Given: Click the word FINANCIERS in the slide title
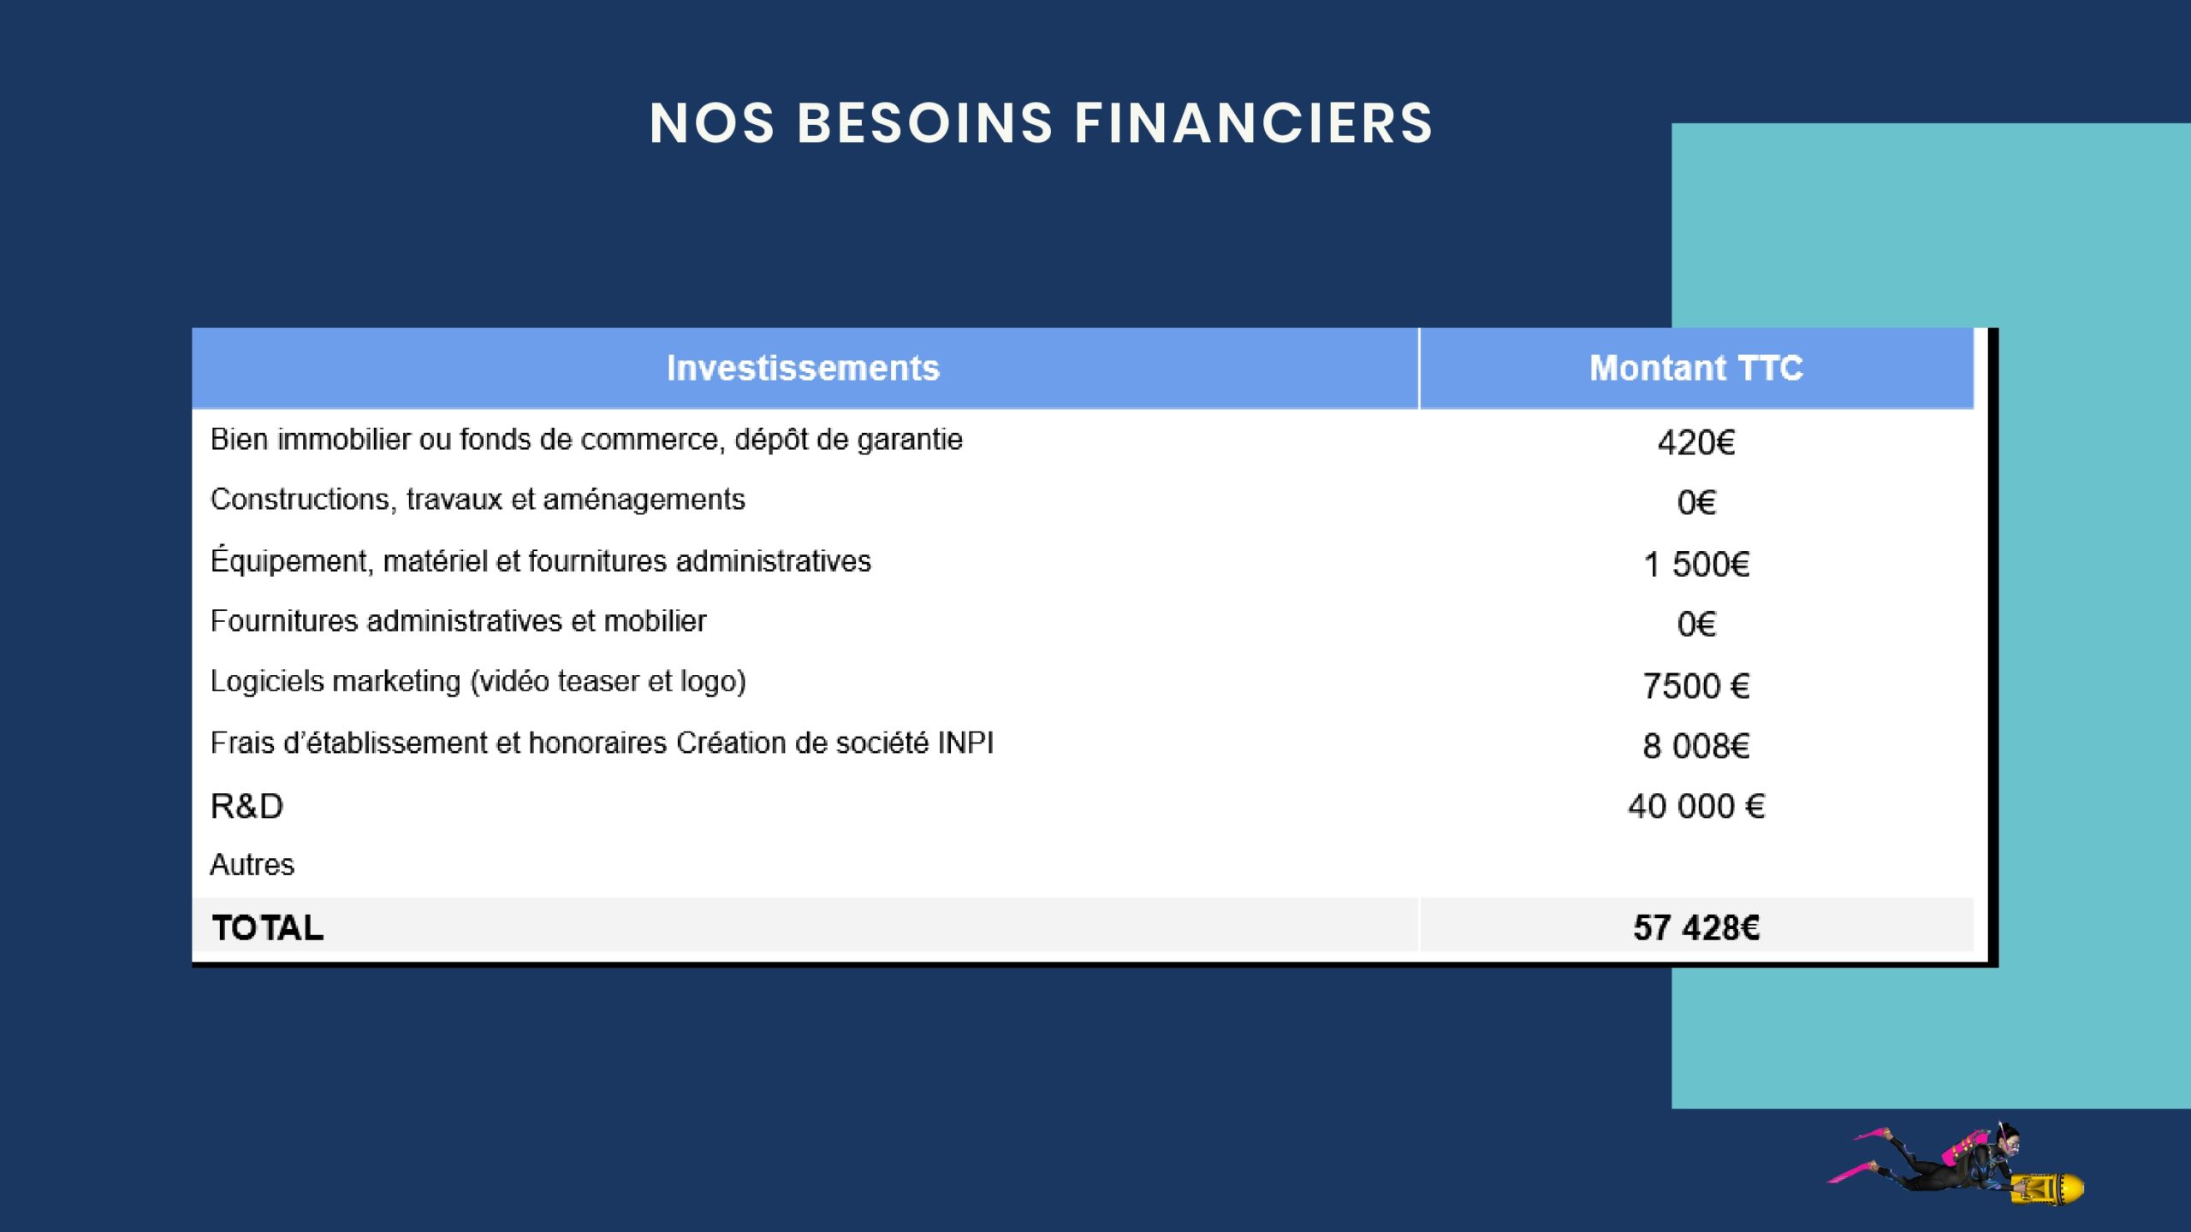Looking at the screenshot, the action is coord(1253,123).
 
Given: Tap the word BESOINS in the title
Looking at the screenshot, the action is coord(924,123).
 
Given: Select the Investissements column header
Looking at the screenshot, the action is coord(803,368).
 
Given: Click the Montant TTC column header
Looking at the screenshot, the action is coord(1696,368).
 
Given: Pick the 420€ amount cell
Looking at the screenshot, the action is coord(1696,442).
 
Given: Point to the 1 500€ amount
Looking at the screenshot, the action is coord(1696,564).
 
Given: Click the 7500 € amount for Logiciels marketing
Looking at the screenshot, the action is coord(1696,685).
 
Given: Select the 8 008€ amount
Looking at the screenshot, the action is coord(1696,746).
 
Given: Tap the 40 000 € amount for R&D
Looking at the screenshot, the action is coord(1696,806).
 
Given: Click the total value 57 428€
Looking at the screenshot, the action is coord(1696,927).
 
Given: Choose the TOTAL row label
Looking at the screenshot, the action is coord(268,927).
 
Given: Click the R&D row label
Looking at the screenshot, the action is coord(246,806).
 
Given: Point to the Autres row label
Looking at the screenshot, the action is coord(252,865).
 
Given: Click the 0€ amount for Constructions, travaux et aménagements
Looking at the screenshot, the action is coord(1696,502).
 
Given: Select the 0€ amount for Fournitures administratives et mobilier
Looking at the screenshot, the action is coord(1696,624).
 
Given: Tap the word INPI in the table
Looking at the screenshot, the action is coord(965,743).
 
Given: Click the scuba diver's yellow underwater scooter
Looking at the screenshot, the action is coord(2048,1188).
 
